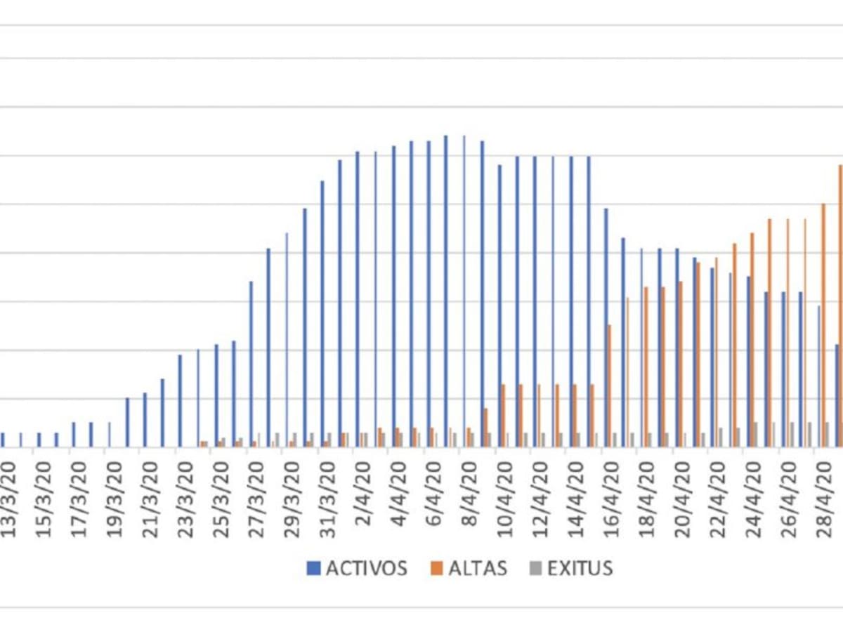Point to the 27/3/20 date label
click(x=257, y=499)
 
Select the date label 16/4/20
click(x=610, y=499)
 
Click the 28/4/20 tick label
click(x=823, y=499)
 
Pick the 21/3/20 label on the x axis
click(x=151, y=499)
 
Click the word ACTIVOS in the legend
click(x=366, y=568)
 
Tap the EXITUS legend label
click(x=580, y=568)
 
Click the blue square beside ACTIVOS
click(x=314, y=569)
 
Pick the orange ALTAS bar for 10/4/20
click(x=503, y=415)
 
